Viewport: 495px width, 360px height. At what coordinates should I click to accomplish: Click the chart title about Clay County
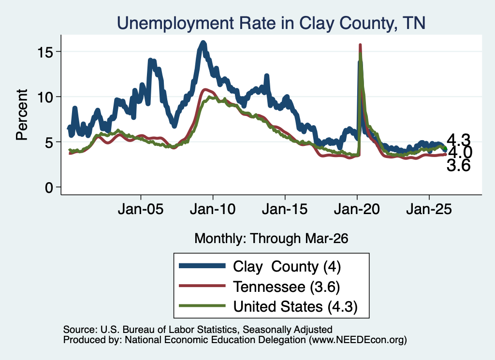pos(271,23)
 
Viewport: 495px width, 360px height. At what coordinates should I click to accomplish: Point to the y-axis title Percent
pos(22,115)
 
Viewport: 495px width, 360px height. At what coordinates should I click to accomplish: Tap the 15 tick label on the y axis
pos(45,51)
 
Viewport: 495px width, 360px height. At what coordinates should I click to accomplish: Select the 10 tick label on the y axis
pos(45,97)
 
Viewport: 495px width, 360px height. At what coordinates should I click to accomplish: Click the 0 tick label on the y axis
pos(49,187)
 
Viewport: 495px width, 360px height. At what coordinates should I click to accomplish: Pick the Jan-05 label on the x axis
pos(141,209)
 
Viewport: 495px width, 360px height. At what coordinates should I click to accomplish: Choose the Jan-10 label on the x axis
pos(213,209)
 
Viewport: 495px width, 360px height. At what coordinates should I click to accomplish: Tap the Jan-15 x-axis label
pos(285,209)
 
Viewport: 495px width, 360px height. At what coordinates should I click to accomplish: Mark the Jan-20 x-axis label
pos(357,209)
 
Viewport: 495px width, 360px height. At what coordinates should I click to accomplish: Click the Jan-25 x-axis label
pos(429,209)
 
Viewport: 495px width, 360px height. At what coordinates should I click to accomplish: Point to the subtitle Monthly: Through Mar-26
pos(271,238)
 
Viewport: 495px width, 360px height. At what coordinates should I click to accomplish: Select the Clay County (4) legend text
pos(287,267)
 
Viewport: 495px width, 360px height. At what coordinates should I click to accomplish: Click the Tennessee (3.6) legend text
pos(286,287)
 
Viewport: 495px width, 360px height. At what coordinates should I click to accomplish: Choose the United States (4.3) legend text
pos(295,306)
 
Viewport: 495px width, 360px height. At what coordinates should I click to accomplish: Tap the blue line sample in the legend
pos(203,266)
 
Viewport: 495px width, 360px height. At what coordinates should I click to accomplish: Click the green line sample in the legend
pos(203,305)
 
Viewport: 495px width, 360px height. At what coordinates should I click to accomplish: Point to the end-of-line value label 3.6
pos(458,165)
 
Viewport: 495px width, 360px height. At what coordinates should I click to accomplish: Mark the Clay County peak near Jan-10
pos(204,43)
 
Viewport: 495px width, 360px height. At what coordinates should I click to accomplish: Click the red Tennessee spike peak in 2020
pos(360,45)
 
